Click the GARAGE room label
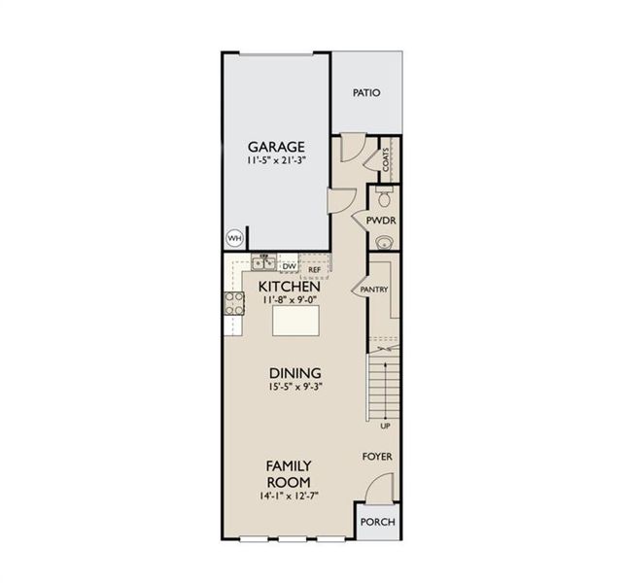pos(276,146)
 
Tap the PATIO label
pos(366,93)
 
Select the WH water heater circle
pos(234,237)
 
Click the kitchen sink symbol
pos(263,262)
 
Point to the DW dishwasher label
pos(289,264)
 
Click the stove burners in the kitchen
pos(234,302)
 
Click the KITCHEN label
pos(290,288)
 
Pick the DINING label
pos(295,373)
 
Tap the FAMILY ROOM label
pos(289,474)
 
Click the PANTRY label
pos(374,290)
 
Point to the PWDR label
pos(380,222)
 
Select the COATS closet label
pos(386,161)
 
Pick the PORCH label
pos(377,522)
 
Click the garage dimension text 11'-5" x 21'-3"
pos(275,161)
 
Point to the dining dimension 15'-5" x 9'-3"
pos(295,388)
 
